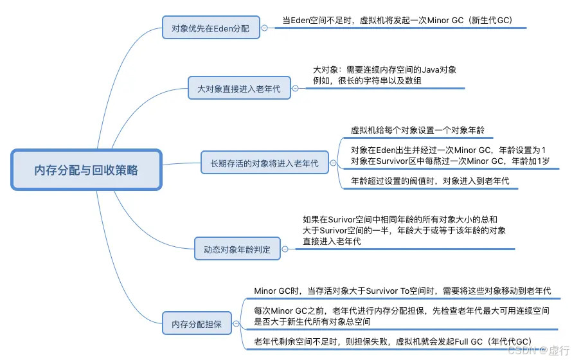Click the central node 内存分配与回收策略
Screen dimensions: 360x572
(86, 170)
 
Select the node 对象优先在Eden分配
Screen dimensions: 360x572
(210, 29)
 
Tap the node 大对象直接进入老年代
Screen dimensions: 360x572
(238, 89)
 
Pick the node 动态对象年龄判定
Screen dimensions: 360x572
(237, 249)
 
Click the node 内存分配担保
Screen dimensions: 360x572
(201, 323)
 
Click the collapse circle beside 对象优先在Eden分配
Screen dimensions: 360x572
(264, 29)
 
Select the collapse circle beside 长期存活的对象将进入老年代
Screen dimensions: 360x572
(333, 163)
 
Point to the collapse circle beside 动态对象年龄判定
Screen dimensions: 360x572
(285, 249)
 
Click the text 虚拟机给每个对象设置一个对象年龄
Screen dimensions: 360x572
(417, 130)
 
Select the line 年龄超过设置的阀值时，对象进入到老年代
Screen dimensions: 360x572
(430, 181)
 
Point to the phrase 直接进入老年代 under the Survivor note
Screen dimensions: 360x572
(332, 241)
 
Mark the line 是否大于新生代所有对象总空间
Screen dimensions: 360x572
(312, 321)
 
